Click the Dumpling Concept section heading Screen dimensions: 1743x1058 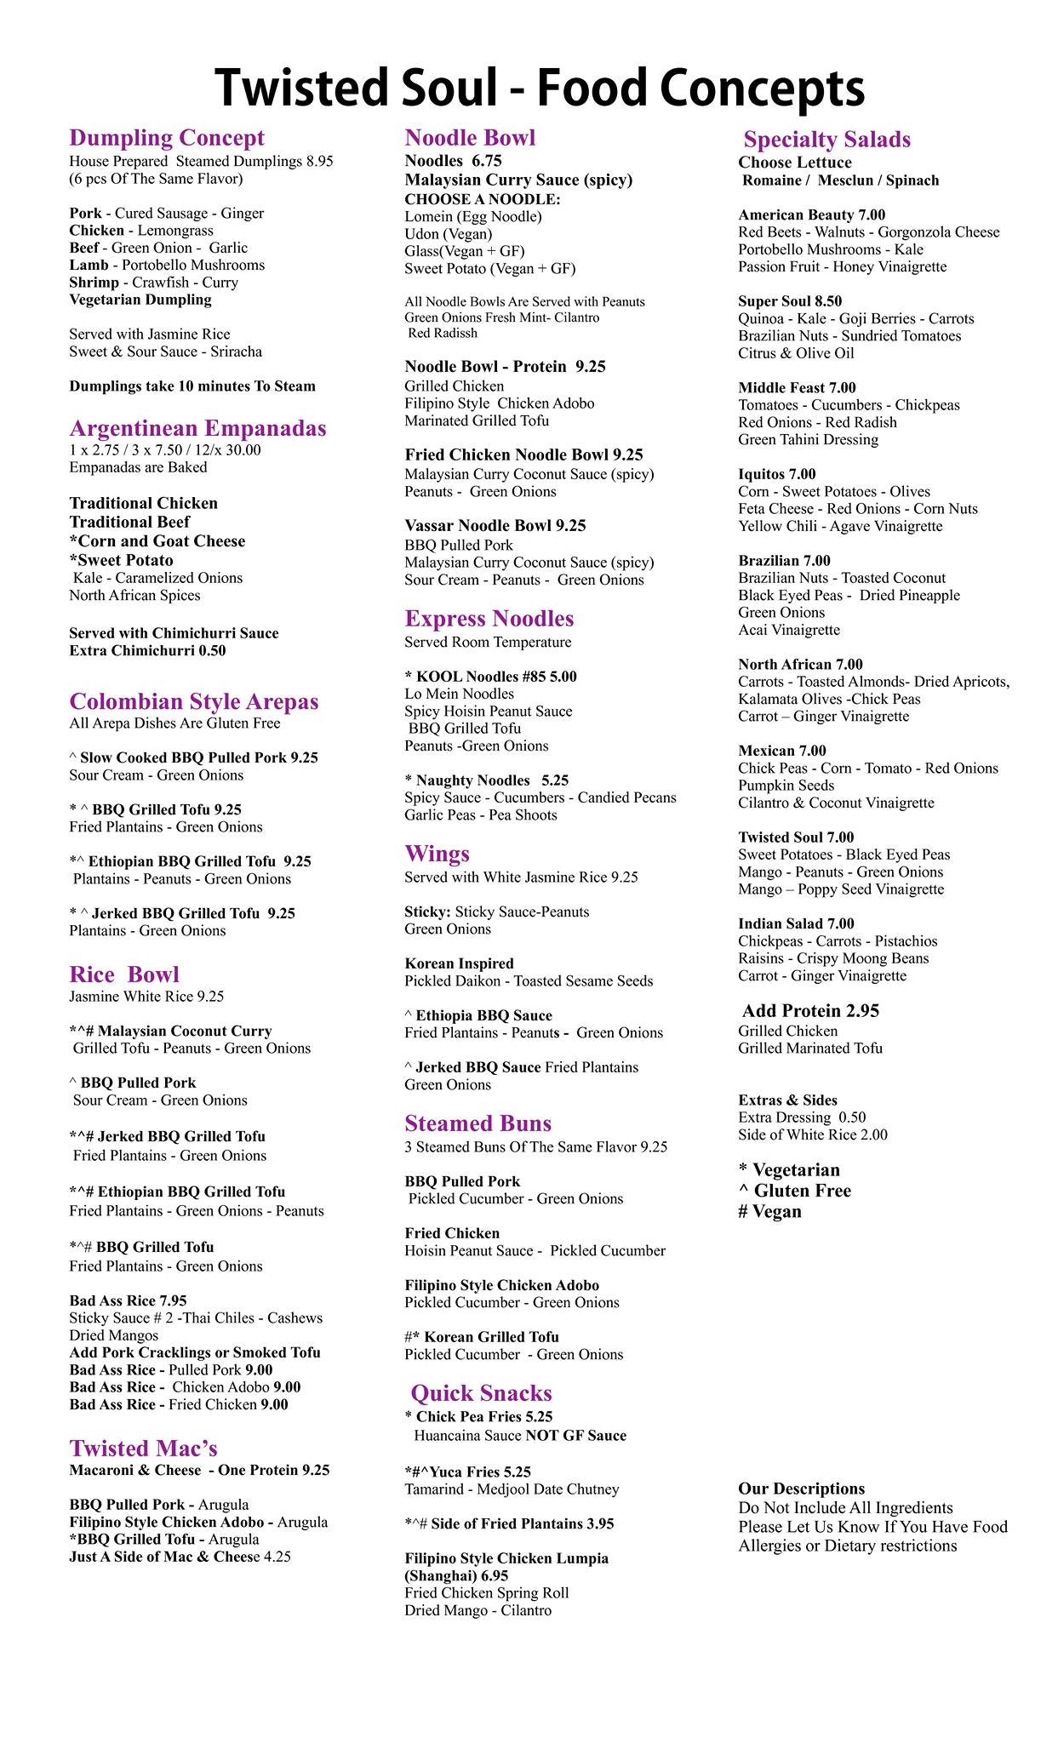[167, 138]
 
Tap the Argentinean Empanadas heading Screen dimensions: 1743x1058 [197, 428]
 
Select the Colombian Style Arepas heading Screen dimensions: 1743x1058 [194, 701]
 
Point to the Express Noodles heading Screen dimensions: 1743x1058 [489, 619]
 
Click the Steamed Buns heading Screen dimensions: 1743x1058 [478, 1123]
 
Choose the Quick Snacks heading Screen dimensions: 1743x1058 [481, 1393]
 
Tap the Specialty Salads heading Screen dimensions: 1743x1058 [826, 140]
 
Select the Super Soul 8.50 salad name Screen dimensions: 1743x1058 [790, 301]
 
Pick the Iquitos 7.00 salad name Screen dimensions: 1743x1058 [776, 474]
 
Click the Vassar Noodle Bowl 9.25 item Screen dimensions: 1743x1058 [495, 526]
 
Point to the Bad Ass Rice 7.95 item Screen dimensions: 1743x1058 [128, 1300]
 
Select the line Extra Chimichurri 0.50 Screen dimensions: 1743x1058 [147, 651]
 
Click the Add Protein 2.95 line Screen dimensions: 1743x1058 [810, 1011]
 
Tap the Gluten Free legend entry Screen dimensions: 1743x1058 [795, 1191]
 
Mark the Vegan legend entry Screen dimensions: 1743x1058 [770, 1212]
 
